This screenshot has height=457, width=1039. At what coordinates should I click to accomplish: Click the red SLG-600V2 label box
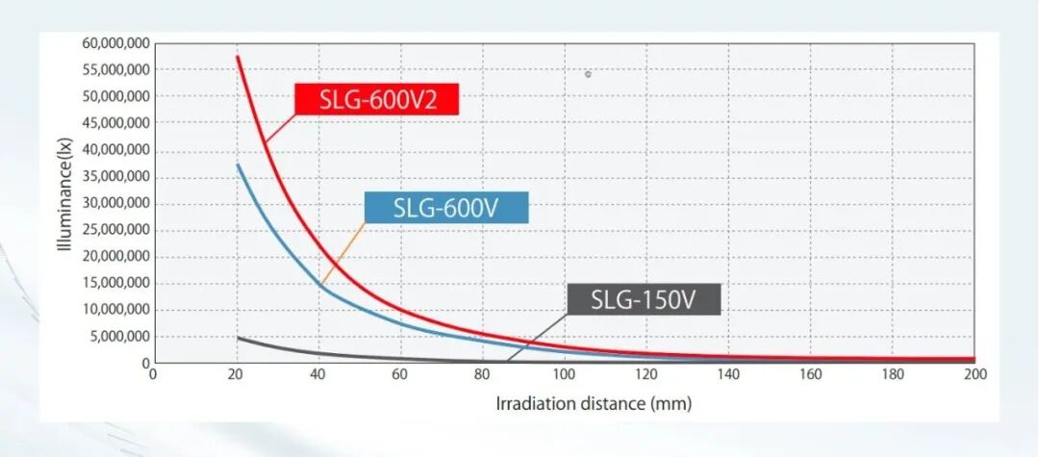click(376, 98)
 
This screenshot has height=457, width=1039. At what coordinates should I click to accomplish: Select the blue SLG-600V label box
click(446, 207)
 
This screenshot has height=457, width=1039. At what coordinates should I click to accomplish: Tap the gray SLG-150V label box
click(644, 299)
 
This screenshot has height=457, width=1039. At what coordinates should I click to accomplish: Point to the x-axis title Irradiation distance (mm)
click(594, 403)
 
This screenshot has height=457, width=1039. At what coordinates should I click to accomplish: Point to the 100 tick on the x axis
click(565, 375)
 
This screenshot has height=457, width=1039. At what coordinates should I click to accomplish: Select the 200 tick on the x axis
click(974, 375)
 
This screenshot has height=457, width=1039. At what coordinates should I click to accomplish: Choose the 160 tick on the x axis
click(811, 375)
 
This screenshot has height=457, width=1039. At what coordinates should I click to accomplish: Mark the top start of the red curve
click(237, 57)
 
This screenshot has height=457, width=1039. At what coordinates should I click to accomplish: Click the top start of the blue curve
click(237, 165)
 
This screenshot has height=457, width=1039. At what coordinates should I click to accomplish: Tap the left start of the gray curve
click(238, 338)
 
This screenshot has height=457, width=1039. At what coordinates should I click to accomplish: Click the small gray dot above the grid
click(588, 74)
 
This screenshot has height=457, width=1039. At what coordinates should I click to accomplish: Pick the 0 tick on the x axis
click(153, 375)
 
